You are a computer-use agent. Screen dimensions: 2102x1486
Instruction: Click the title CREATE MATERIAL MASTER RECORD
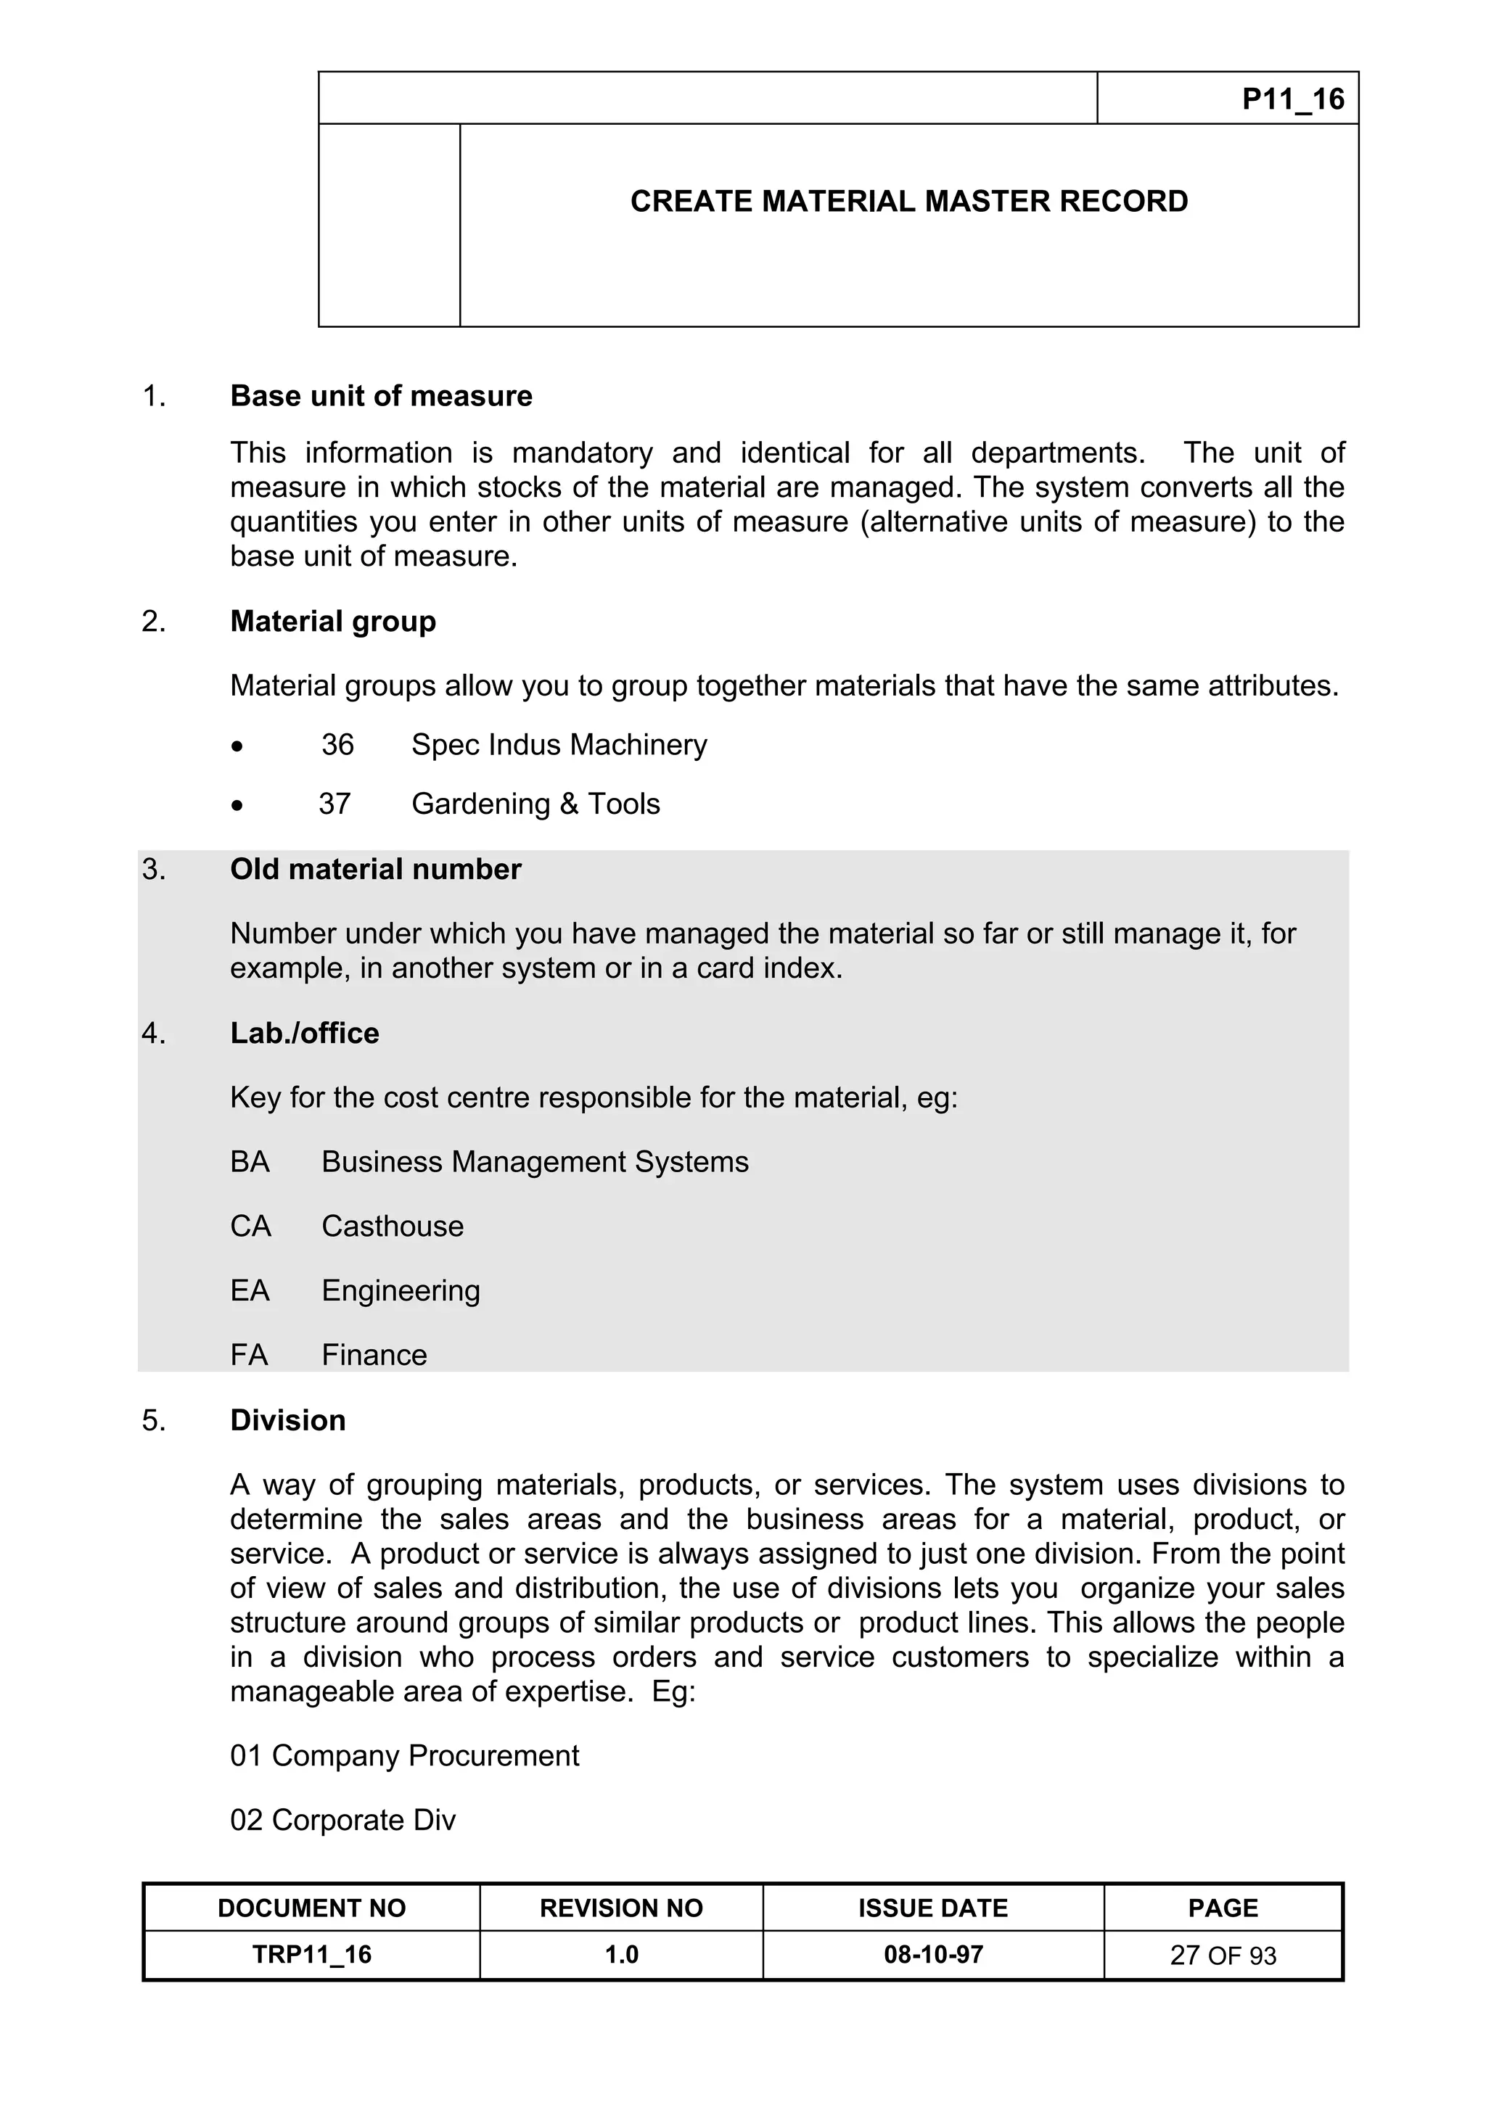908,202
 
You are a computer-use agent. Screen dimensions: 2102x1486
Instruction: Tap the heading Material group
332,621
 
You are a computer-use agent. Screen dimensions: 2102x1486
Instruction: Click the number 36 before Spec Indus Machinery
337,744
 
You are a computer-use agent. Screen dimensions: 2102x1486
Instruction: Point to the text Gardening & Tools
535,803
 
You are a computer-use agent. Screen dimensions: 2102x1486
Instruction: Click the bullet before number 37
238,804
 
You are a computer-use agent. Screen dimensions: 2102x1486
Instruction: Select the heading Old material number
374,869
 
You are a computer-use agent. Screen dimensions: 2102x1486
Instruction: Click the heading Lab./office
304,1033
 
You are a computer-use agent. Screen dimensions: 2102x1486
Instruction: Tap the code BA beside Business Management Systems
249,1162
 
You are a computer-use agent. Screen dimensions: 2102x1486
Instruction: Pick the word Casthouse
392,1226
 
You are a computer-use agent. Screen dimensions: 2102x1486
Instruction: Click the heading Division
287,1420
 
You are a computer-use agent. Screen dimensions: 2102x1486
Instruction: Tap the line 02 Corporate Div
342,1819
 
